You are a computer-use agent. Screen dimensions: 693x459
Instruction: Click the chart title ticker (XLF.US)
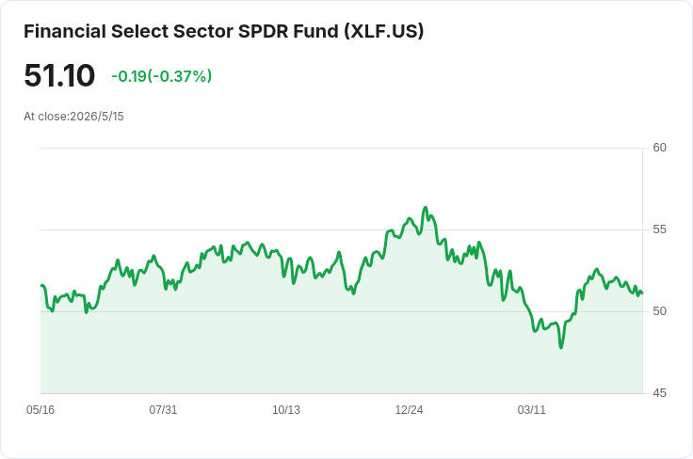[383, 31]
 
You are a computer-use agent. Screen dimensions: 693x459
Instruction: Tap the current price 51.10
[59, 75]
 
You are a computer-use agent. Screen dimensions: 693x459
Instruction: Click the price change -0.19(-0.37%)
[162, 76]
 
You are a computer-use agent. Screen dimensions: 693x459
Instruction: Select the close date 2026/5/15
[97, 117]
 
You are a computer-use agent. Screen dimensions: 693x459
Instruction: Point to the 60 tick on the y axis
[659, 148]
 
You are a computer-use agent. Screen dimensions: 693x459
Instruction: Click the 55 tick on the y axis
[659, 229]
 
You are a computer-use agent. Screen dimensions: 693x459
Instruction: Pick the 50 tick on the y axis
[659, 311]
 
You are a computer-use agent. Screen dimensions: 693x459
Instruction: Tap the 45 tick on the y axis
[659, 393]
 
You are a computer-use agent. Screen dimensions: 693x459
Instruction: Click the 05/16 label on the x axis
[40, 410]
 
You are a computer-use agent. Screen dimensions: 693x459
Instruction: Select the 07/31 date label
[163, 410]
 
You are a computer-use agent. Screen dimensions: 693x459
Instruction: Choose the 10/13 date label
[286, 410]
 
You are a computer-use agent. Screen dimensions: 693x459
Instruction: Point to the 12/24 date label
[409, 410]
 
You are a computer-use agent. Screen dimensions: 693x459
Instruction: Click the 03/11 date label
[532, 410]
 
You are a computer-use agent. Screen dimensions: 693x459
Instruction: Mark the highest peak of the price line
[426, 207]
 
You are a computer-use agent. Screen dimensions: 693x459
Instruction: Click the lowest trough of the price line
[561, 348]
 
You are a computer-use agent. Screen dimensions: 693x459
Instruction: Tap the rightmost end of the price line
[642, 293]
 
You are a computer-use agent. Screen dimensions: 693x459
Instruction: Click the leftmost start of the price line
[41, 286]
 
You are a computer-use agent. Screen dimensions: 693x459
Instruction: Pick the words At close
[45, 117]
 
